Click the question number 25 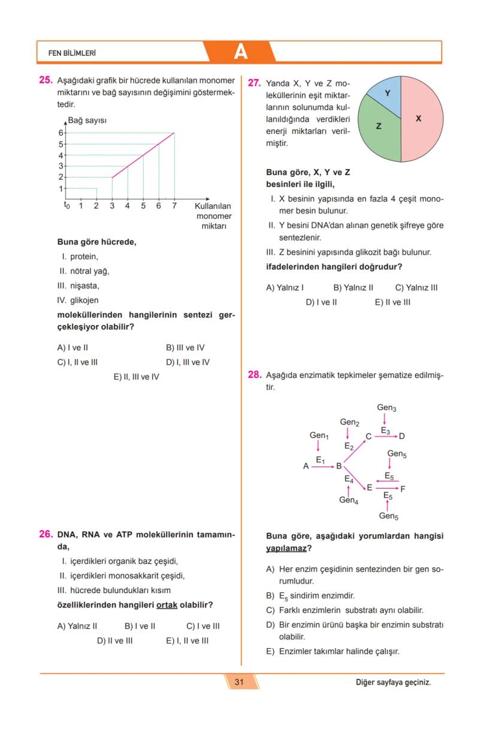(x=46, y=80)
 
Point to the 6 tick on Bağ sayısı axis (x=61, y=133)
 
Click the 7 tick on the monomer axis (x=174, y=206)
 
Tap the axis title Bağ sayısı (x=87, y=121)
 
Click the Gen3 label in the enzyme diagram (x=386, y=408)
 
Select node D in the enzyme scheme (x=401, y=437)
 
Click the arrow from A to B (x=322, y=466)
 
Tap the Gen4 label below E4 (x=349, y=500)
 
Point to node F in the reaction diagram (x=403, y=489)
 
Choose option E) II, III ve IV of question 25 (x=137, y=377)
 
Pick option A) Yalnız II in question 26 (x=77, y=626)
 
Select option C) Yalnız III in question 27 (x=416, y=287)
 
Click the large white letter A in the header (x=240, y=52)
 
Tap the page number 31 (x=239, y=682)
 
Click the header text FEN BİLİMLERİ (x=72, y=53)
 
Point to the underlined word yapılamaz (x=286, y=549)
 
